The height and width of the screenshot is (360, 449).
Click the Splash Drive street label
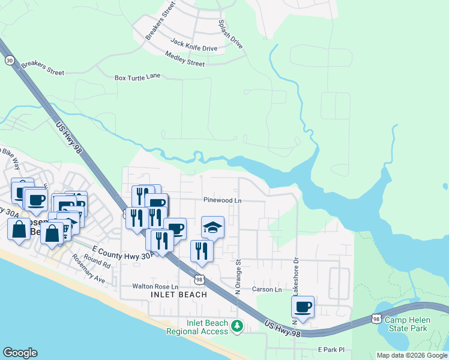(x=231, y=35)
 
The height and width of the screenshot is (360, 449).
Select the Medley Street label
(x=184, y=59)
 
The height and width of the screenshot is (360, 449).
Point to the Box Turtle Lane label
(x=137, y=77)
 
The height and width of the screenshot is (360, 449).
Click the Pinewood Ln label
(x=222, y=200)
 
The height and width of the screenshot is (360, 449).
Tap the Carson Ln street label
(x=267, y=289)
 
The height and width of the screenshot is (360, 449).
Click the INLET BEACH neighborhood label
(x=169, y=295)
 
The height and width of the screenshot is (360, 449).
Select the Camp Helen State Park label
(x=406, y=324)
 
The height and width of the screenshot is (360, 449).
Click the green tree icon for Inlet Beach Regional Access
(x=238, y=326)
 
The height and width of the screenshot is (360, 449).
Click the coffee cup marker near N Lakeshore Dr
(x=303, y=307)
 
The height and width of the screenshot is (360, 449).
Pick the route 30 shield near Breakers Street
(x=9, y=61)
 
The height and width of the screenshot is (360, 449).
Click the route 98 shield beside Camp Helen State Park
(x=376, y=320)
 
